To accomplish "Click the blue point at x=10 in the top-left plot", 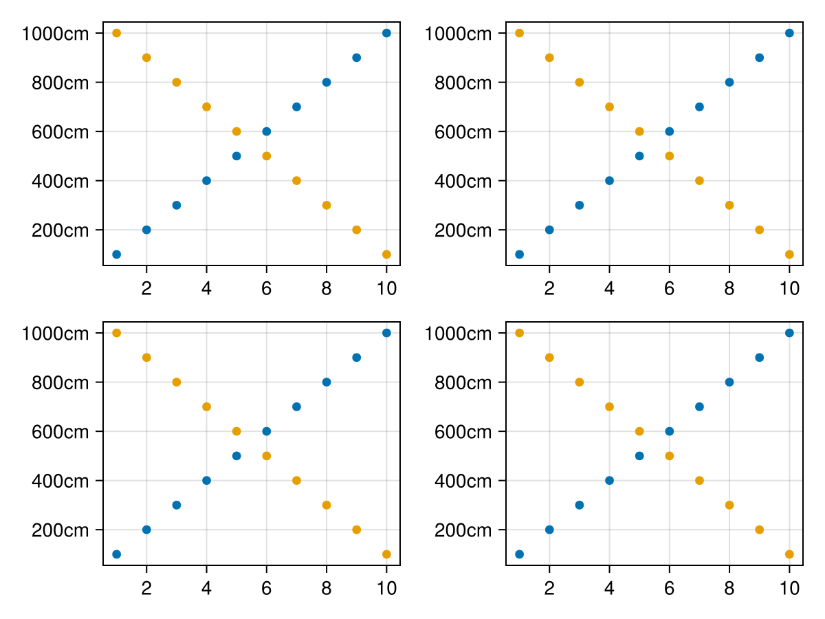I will pyautogui.click(x=386, y=33).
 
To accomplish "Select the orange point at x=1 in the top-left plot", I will pyautogui.click(x=116, y=33).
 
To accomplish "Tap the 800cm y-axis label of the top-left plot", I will pyautogui.click(x=60, y=83).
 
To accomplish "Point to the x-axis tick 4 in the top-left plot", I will pyautogui.click(x=206, y=290).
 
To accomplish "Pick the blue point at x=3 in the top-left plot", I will pyautogui.click(x=176, y=205).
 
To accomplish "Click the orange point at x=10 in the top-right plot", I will pyautogui.click(x=789, y=254).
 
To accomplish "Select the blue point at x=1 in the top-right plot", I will pyautogui.click(x=519, y=254).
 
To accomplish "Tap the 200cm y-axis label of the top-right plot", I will pyautogui.click(x=463, y=230).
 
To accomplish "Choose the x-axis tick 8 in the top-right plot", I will pyautogui.click(x=729, y=290).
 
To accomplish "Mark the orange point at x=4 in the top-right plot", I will pyautogui.click(x=609, y=107).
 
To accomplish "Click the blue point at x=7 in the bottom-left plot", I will pyautogui.click(x=296, y=406).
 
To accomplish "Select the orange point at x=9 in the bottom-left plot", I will pyautogui.click(x=356, y=530).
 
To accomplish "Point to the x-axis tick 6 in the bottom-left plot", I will pyautogui.click(x=266, y=589).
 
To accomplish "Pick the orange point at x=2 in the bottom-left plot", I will pyautogui.click(x=146, y=358).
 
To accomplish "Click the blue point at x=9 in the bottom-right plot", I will pyautogui.click(x=759, y=358).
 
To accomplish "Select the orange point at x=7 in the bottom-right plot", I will pyautogui.click(x=699, y=480).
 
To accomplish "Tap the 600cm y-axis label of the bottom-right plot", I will pyautogui.click(x=463, y=432).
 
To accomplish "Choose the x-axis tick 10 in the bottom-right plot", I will pyautogui.click(x=789, y=589).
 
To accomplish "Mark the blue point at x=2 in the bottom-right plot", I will pyautogui.click(x=549, y=530).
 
